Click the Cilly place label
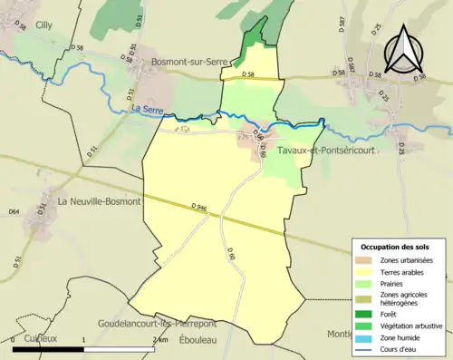click(x=43, y=26)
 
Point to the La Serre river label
click(x=146, y=110)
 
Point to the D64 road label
click(x=14, y=212)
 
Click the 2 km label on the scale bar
click(x=160, y=338)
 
